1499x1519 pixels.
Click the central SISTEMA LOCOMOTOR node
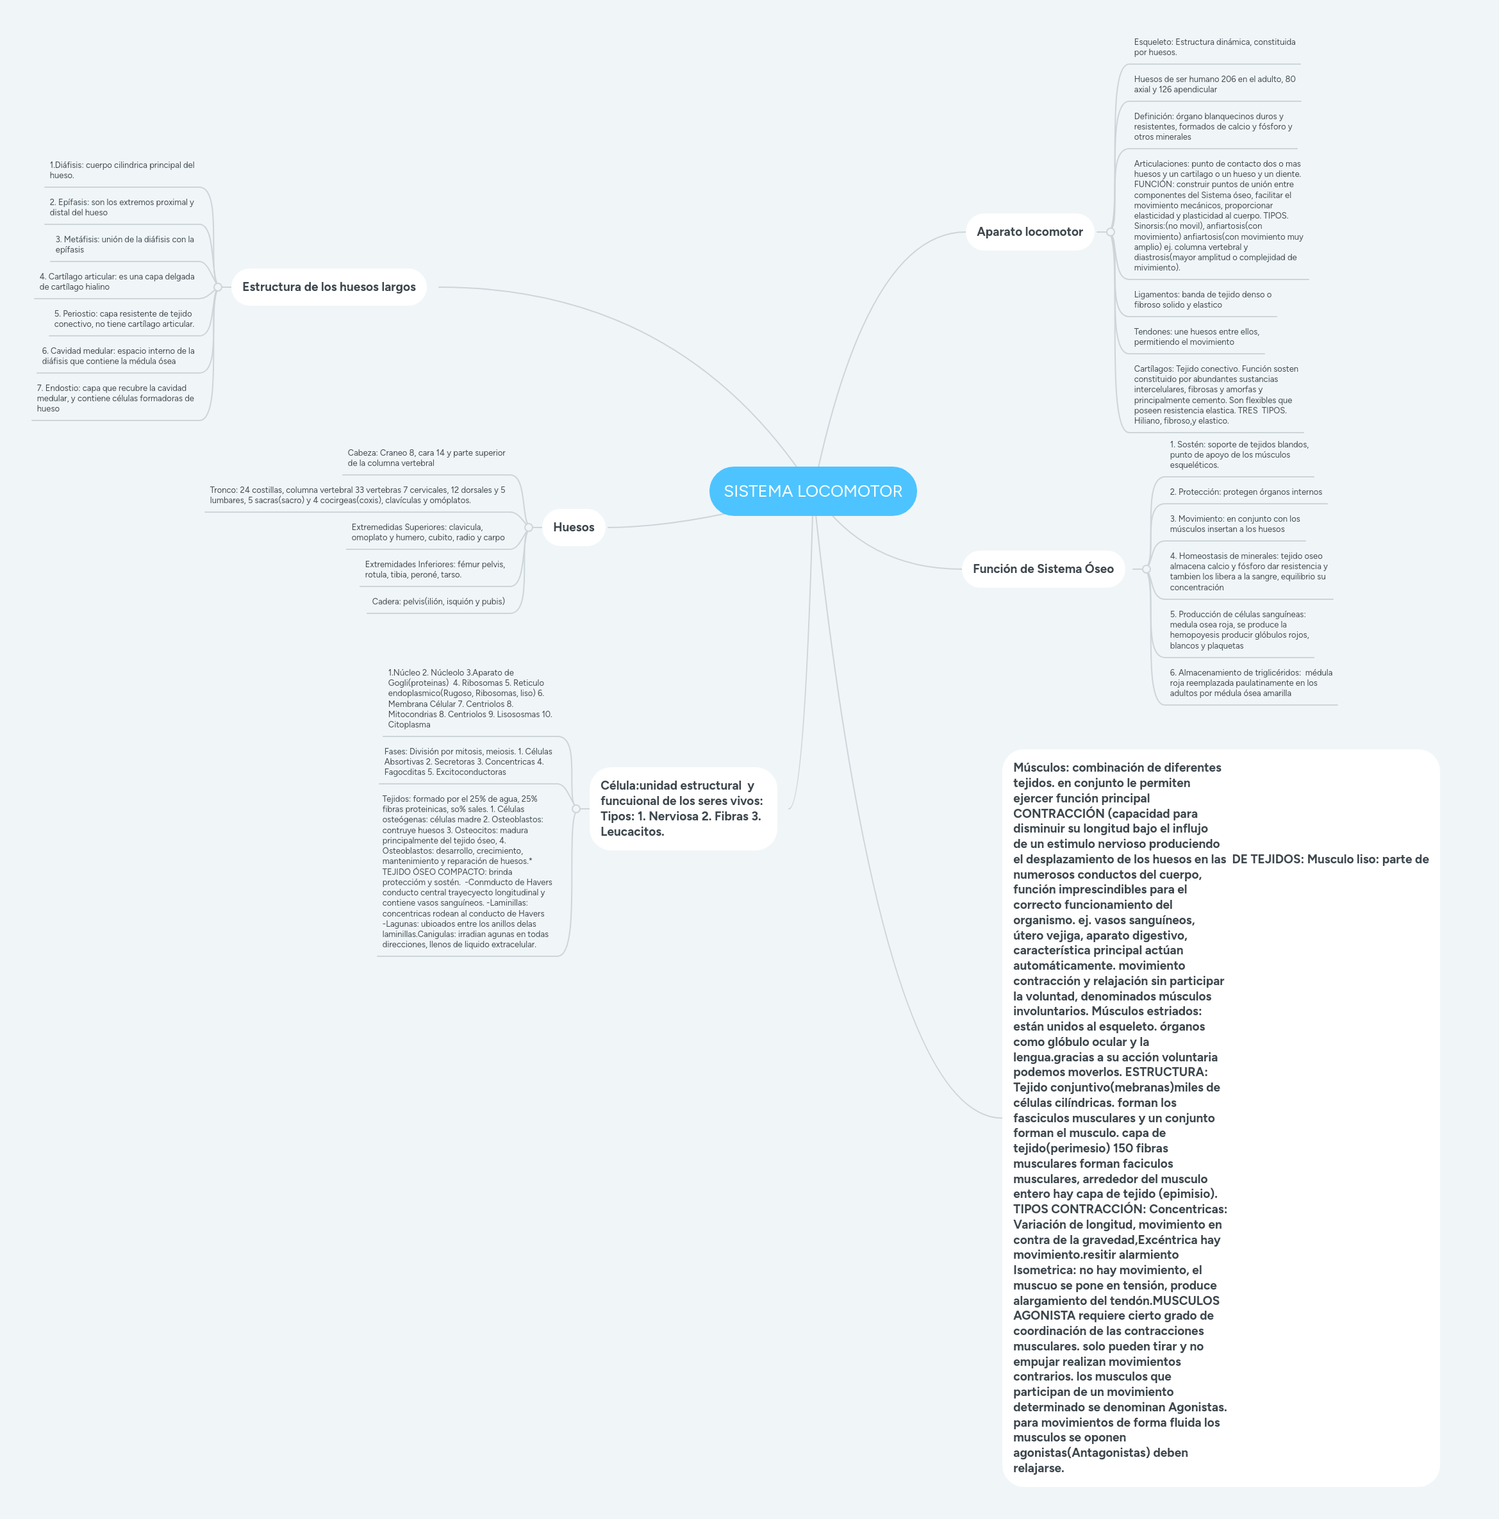pyautogui.click(x=813, y=492)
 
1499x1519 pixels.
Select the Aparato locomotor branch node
pyautogui.click(x=1029, y=232)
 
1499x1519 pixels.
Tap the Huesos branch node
pyautogui.click(x=573, y=527)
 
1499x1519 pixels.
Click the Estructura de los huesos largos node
pyautogui.click(x=329, y=287)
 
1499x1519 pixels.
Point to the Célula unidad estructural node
pyautogui.click(x=683, y=808)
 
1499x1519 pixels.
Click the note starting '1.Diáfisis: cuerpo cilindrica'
pyautogui.click(x=122, y=170)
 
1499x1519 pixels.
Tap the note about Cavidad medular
pyautogui.click(x=118, y=356)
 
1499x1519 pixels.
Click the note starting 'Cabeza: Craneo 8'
pyautogui.click(x=426, y=458)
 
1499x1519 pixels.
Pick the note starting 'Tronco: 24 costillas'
pyautogui.click(x=357, y=495)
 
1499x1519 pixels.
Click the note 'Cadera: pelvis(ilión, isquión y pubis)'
pyautogui.click(x=438, y=601)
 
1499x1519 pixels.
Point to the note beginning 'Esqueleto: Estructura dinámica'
pyautogui.click(x=1214, y=47)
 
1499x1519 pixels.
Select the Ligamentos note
pyautogui.click(x=1202, y=299)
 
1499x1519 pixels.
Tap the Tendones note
pyautogui.click(x=1196, y=336)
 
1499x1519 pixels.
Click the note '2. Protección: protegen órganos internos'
pyautogui.click(x=1245, y=492)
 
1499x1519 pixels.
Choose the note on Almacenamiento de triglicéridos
pyautogui.click(x=1250, y=683)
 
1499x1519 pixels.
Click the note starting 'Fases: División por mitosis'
pyautogui.click(x=468, y=762)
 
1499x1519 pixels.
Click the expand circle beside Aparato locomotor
pyautogui.click(x=1110, y=232)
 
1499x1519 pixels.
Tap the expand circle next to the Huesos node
pyautogui.click(x=528, y=527)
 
